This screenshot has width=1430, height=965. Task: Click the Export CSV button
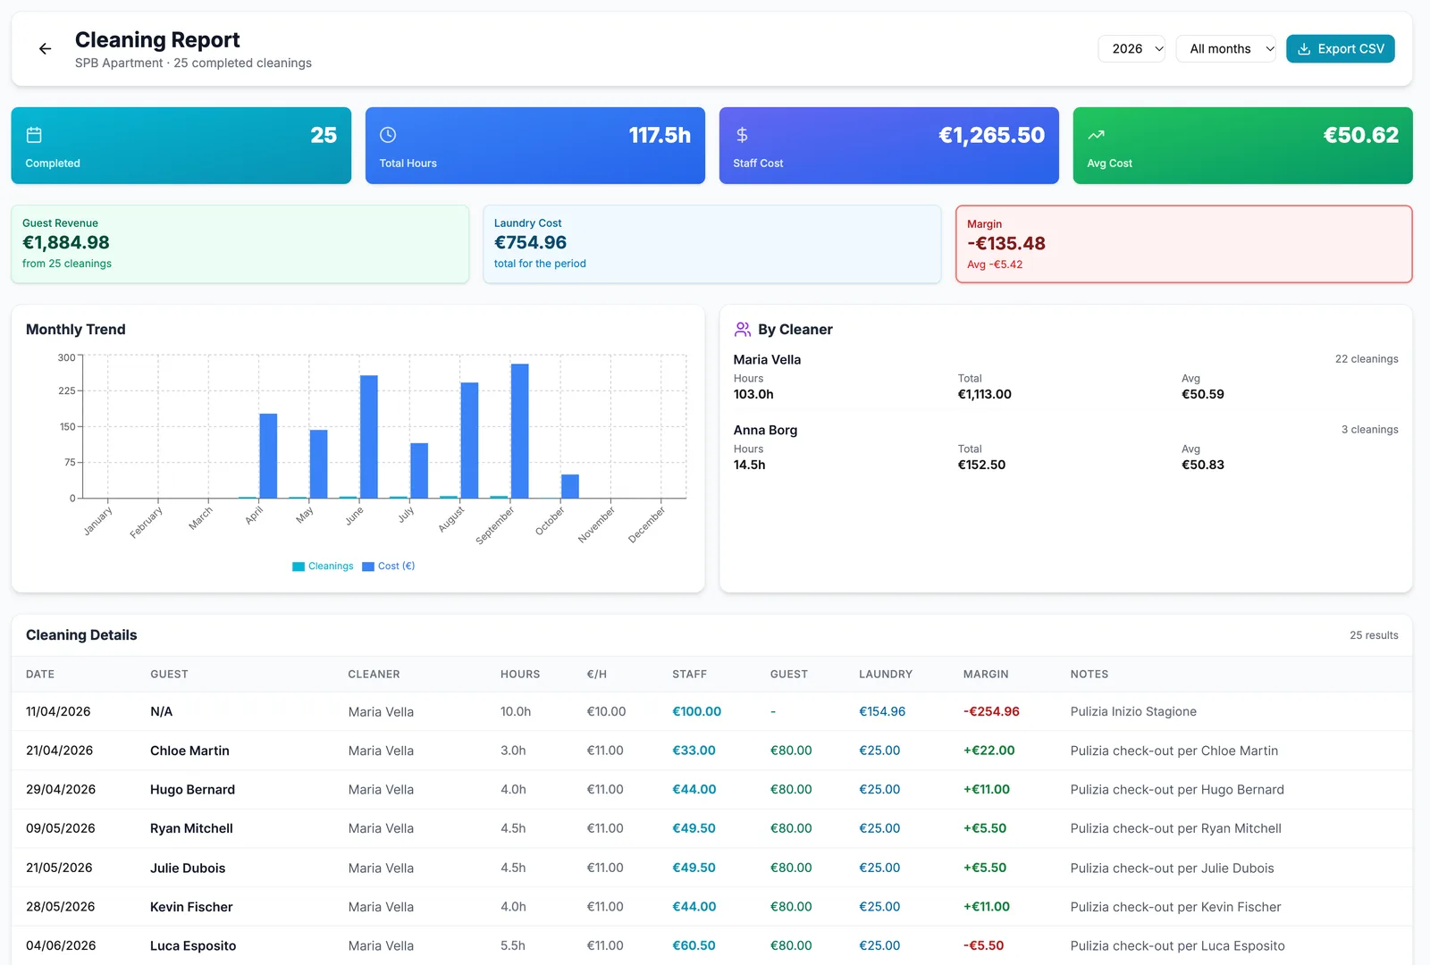click(x=1340, y=48)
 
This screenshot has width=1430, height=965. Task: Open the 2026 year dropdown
click(x=1131, y=48)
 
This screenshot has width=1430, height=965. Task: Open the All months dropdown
click(x=1225, y=48)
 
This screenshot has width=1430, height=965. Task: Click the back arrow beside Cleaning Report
click(x=45, y=48)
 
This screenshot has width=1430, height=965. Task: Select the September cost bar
click(x=519, y=431)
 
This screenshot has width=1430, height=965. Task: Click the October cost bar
click(x=570, y=486)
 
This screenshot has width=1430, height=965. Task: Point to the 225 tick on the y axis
click(x=67, y=390)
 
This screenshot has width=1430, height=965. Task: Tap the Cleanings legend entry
click(x=323, y=566)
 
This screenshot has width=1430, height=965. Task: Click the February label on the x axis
click(x=147, y=522)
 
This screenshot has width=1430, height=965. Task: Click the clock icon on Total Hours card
click(x=388, y=135)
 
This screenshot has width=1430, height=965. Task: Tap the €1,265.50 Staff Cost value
click(x=991, y=135)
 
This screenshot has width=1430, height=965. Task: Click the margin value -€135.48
click(x=1006, y=243)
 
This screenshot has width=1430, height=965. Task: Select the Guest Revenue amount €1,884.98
click(x=66, y=242)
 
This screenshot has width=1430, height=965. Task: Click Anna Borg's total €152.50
click(x=981, y=465)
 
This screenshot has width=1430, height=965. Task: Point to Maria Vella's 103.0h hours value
click(x=753, y=394)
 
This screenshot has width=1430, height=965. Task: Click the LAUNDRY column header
click(x=886, y=674)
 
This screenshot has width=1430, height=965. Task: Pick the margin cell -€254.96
click(x=991, y=711)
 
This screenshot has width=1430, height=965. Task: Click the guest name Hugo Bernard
click(x=192, y=790)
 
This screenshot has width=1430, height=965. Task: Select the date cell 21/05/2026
click(x=59, y=868)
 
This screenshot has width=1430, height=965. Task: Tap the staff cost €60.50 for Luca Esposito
click(x=694, y=945)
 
